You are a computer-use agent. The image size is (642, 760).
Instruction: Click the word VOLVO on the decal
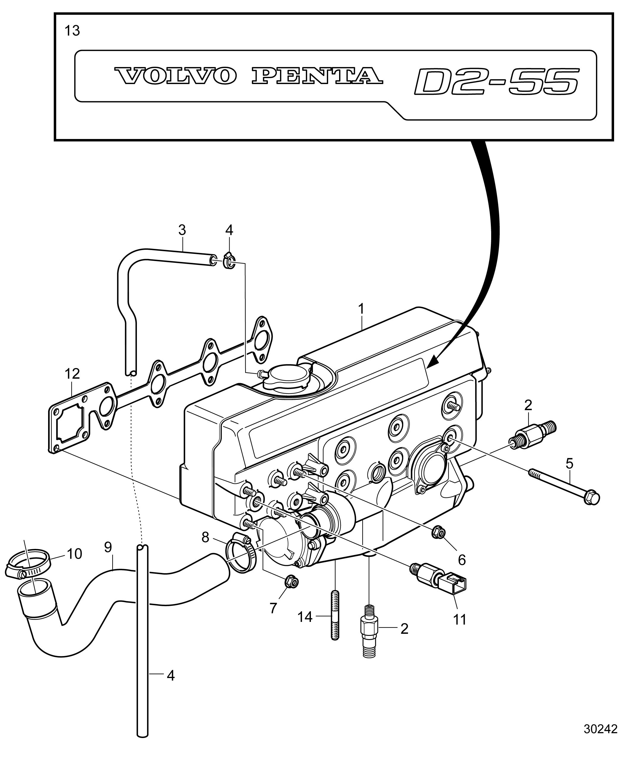[x=175, y=76]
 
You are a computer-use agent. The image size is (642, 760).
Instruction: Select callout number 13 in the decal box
[x=72, y=31]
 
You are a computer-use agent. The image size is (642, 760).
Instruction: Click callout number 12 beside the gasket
[x=72, y=374]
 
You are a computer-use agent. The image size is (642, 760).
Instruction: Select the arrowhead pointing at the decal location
[x=434, y=361]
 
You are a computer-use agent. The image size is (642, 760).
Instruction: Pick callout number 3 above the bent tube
[x=182, y=230]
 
